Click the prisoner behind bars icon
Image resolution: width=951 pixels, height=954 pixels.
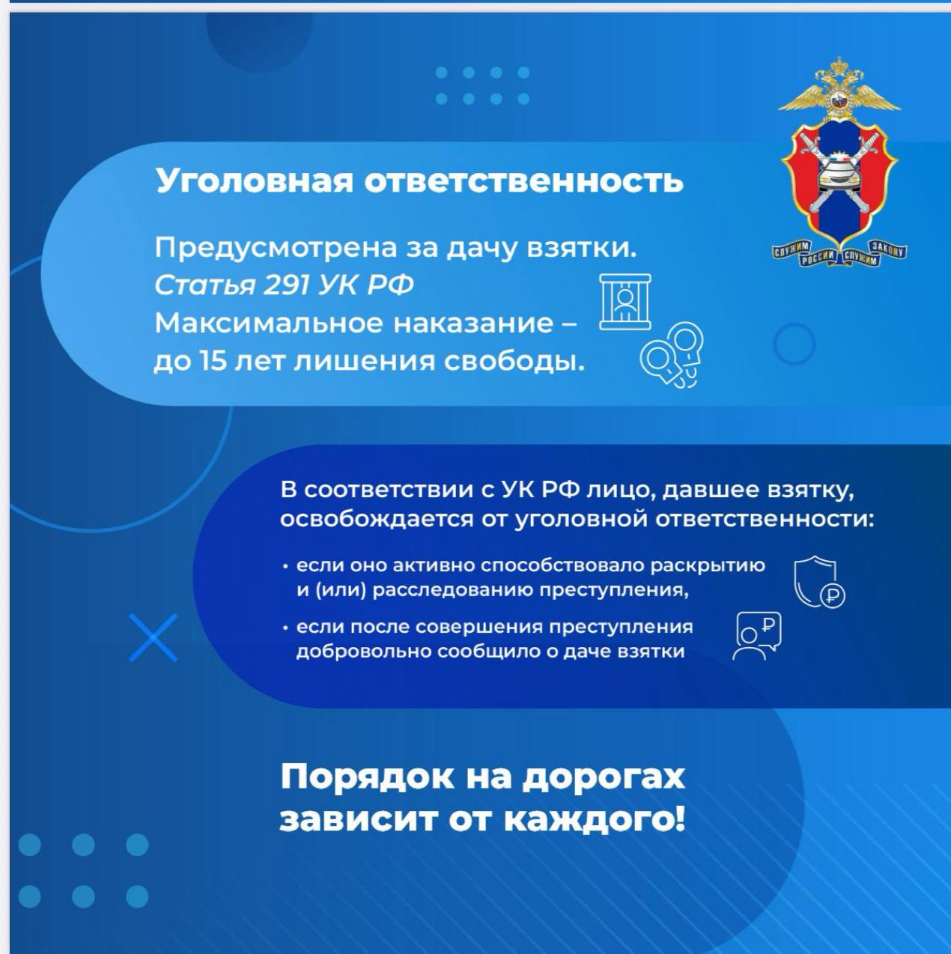(x=625, y=302)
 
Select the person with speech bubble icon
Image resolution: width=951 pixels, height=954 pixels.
(x=756, y=636)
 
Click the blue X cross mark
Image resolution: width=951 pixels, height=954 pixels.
(x=153, y=638)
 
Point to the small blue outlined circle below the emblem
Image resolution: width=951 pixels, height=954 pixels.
(x=794, y=344)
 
